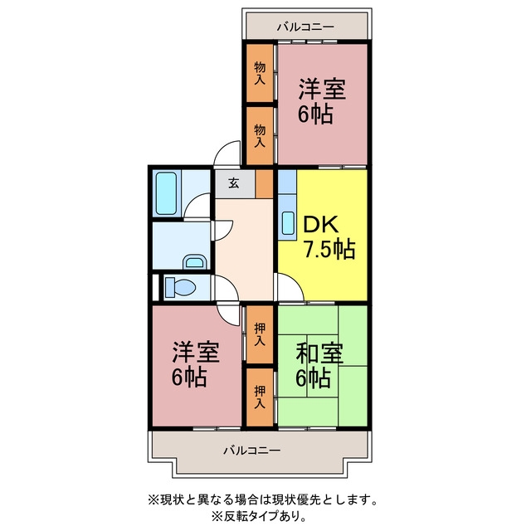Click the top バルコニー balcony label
[x=305, y=27]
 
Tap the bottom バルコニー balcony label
[x=251, y=450]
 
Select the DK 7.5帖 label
[x=329, y=237]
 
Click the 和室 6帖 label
[x=319, y=365]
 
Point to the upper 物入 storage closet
[x=260, y=73]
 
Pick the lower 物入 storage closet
[x=260, y=135]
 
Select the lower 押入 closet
[x=260, y=397]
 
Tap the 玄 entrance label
[x=234, y=183]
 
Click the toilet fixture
[x=180, y=288]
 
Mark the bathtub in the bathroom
[x=166, y=193]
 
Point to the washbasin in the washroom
[x=194, y=261]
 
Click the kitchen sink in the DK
[x=288, y=223]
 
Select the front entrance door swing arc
[x=227, y=153]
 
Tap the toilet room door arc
[x=227, y=288]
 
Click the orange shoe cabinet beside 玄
[x=264, y=184]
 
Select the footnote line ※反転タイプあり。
[x=260, y=516]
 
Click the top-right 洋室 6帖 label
[x=321, y=101]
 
